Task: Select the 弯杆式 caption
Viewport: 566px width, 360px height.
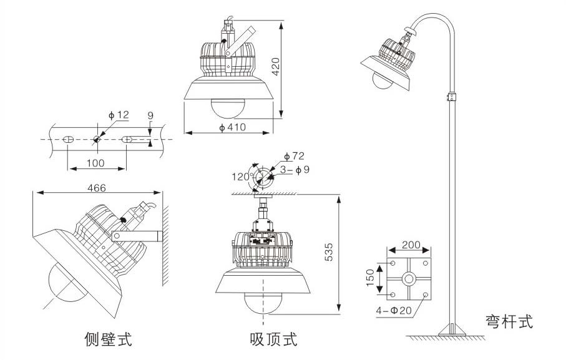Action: (510, 322)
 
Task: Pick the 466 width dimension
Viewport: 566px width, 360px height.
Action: (96, 187)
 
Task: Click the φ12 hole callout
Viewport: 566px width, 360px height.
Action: (118, 115)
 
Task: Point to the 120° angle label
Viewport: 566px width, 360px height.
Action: (242, 177)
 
